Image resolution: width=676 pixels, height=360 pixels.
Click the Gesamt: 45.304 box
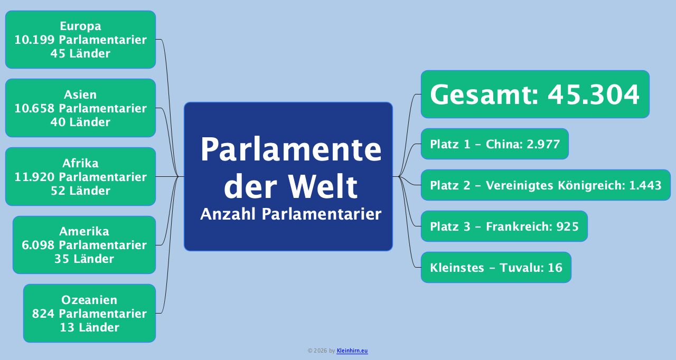[x=534, y=94]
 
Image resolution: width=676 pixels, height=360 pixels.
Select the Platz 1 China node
[x=494, y=144]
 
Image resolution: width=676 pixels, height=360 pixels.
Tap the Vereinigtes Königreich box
[x=546, y=185]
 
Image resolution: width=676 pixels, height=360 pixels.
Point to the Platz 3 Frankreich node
[x=504, y=226]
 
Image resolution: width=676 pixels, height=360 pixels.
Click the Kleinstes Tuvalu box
[x=496, y=268]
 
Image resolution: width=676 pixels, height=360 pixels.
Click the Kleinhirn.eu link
[x=352, y=350]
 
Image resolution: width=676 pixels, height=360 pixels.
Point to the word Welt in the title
[x=323, y=186]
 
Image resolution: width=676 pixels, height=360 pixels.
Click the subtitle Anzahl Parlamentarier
[x=290, y=214]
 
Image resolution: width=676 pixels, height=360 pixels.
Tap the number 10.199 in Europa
[x=35, y=40]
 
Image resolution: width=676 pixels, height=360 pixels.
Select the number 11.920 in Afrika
[x=35, y=177]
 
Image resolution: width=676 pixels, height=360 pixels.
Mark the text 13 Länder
[x=89, y=327]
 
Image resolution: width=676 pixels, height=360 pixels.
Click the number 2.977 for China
[x=543, y=144]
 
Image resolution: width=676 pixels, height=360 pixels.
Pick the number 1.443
[x=645, y=185]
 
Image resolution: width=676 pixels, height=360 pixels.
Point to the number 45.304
[x=593, y=95]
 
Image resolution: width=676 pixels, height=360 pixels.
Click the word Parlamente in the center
[x=290, y=149]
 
